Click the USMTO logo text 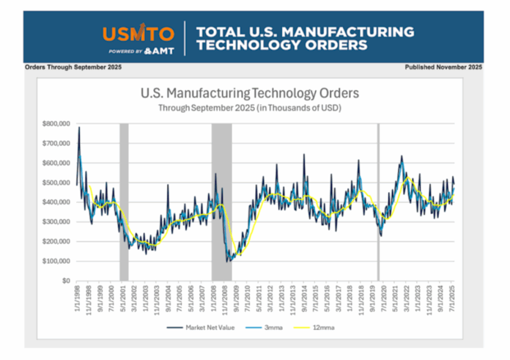(x=138, y=34)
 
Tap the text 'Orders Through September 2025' (x=73, y=67)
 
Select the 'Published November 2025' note (x=443, y=67)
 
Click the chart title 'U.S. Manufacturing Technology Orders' (x=250, y=94)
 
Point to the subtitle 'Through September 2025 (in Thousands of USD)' (x=250, y=107)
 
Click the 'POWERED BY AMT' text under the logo (x=138, y=51)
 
